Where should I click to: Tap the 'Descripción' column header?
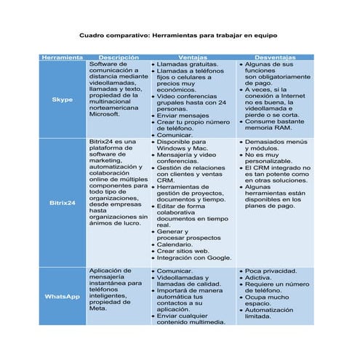tap(119, 57)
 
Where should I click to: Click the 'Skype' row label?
tap(63, 100)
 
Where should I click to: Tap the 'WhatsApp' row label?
tap(63, 297)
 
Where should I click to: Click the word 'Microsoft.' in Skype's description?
tap(104, 114)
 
